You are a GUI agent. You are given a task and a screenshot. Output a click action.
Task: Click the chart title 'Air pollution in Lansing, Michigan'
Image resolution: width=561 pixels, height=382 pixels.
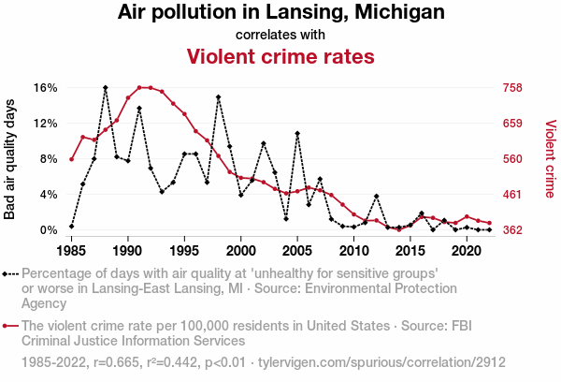(280, 13)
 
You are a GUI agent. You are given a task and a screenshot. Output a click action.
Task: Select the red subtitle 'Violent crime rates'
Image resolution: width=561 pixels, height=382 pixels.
(280, 56)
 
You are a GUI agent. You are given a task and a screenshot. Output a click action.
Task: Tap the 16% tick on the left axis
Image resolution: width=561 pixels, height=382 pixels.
(46, 88)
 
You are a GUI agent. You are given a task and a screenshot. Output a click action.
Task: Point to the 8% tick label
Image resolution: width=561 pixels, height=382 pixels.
(49, 159)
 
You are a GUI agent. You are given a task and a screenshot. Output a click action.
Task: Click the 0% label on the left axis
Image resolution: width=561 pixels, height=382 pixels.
(49, 230)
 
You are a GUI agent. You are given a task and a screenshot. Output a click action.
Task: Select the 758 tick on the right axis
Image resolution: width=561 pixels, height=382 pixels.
(512, 88)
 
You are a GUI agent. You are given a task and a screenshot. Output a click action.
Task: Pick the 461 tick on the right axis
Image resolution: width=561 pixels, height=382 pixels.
(512, 195)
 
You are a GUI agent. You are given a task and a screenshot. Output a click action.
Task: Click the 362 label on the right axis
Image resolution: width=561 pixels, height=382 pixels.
(512, 230)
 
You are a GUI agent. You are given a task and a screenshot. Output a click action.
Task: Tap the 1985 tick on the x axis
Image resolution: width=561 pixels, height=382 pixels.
(71, 251)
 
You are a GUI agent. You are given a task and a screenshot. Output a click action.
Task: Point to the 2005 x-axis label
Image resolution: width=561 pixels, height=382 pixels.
(297, 251)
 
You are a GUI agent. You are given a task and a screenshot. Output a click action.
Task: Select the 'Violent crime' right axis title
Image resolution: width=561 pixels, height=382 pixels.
(550, 159)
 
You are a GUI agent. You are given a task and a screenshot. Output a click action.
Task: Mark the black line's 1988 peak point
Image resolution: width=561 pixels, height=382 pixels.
(106, 87)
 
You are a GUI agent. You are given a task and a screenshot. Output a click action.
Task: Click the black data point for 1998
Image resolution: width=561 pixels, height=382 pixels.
(218, 97)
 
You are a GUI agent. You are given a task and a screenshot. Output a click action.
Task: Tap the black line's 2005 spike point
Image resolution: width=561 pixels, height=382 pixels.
(297, 134)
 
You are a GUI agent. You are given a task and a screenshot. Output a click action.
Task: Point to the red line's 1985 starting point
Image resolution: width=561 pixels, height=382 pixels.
(71, 159)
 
